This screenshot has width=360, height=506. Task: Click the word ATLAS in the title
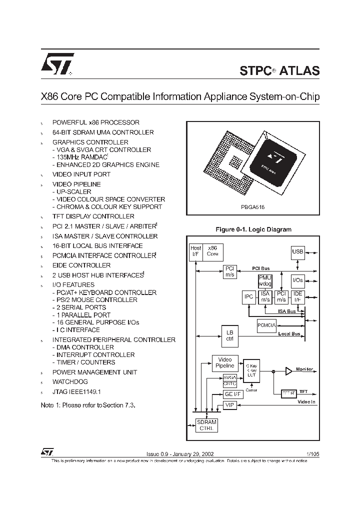(x=299, y=70)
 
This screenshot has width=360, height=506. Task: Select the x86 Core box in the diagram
(x=212, y=251)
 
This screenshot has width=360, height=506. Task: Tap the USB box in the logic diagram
(x=298, y=251)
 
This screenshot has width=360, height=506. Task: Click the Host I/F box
(x=195, y=251)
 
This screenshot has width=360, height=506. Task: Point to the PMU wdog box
(x=265, y=281)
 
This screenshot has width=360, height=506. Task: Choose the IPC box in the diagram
(x=248, y=297)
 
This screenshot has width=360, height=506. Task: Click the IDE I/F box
(x=297, y=296)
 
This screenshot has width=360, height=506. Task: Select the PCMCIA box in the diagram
(x=266, y=324)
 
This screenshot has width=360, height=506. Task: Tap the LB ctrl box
(x=229, y=335)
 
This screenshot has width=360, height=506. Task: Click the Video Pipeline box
(x=225, y=362)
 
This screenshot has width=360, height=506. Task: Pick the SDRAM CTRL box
(x=206, y=425)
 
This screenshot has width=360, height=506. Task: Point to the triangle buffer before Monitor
(x=288, y=371)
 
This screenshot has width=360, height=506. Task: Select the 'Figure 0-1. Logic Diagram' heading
(x=253, y=229)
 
